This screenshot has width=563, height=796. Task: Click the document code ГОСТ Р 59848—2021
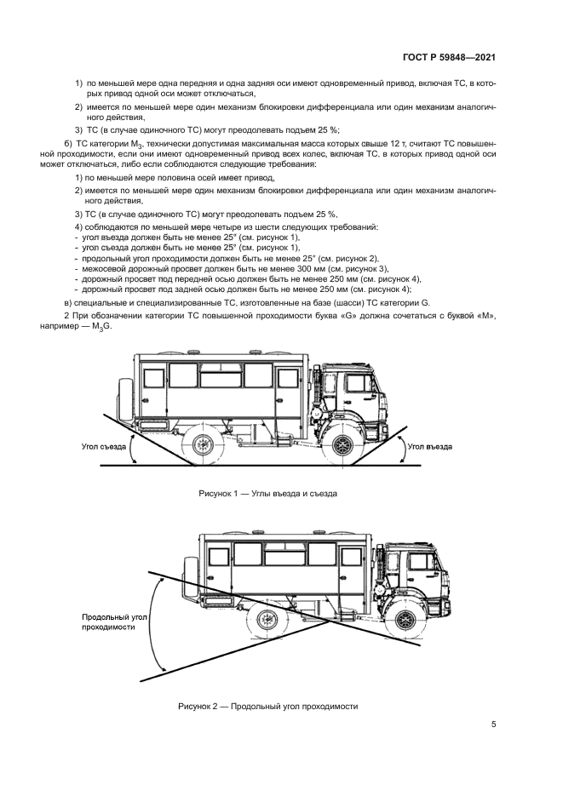450,58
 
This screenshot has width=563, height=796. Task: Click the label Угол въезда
430,445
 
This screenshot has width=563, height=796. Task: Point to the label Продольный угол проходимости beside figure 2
109,621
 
